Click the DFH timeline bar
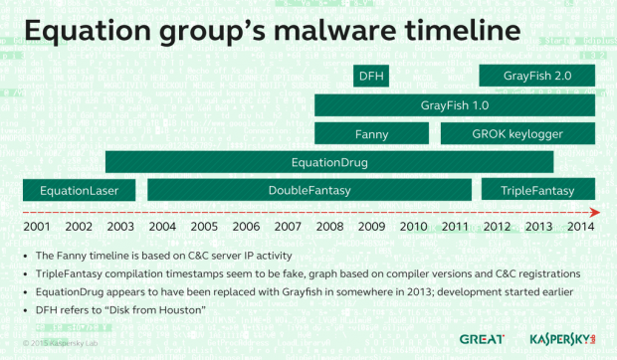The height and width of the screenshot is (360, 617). pyautogui.click(x=371, y=76)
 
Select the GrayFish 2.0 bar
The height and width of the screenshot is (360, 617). pyautogui.click(x=537, y=76)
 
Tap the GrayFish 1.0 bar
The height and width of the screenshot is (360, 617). pyautogui.click(x=455, y=104)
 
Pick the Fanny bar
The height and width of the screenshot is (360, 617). pyautogui.click(x=371, y=132)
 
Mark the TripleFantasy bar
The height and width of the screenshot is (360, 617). pyautogui.click(x=538, y=190)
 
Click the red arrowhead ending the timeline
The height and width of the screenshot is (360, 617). pyautogui.click(x=594, y=212)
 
